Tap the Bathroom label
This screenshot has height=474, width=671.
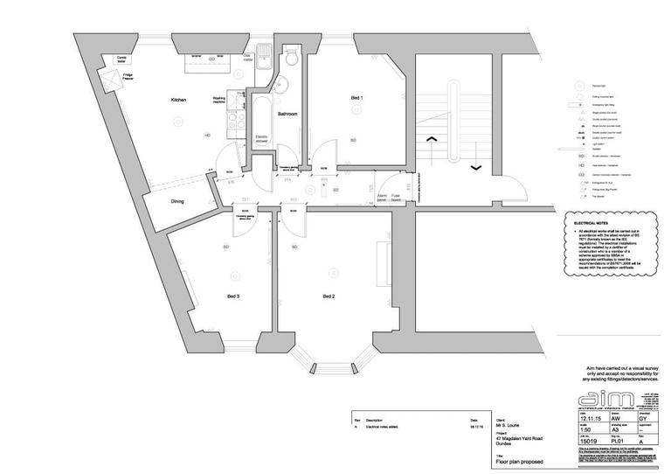tap(288, 115)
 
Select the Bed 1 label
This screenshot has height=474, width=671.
tap(356, 97)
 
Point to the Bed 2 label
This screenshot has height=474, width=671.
tap(329, 297)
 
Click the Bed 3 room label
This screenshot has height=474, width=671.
tap(233, 297)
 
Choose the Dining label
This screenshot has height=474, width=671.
tap(177, 202)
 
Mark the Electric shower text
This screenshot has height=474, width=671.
tap(260, 138)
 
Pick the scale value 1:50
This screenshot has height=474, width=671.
tap(584, 431)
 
